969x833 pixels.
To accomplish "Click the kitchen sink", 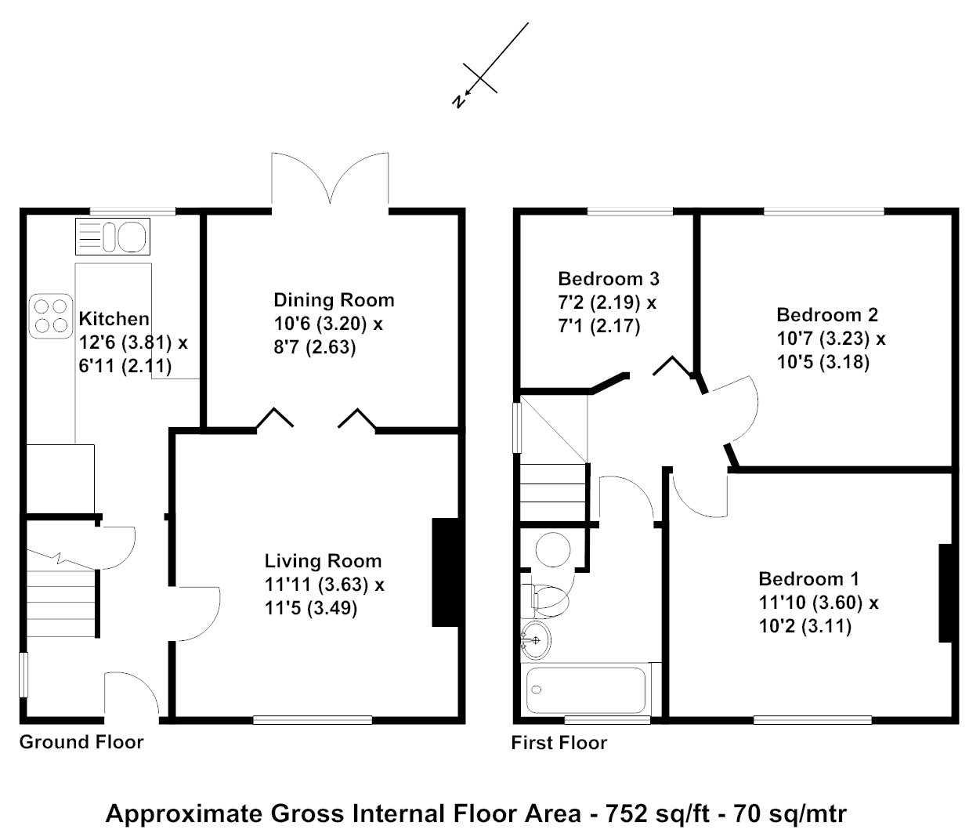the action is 113,237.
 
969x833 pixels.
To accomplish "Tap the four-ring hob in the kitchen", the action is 51,316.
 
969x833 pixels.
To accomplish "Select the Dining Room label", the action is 334,300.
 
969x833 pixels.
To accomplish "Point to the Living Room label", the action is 323,561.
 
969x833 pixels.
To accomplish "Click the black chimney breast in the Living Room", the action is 445,572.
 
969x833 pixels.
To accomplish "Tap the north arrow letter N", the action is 459,101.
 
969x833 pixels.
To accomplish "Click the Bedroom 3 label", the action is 609,279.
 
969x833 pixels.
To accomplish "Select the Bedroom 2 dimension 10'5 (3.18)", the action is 823,362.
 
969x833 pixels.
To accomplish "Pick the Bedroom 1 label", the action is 808,579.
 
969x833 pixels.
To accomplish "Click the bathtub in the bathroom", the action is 585,690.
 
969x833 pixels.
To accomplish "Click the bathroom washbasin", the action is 536,639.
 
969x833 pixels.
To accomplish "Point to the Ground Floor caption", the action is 81,742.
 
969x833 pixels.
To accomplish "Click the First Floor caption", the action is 559,743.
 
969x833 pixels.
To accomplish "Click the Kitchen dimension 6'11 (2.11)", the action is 125,366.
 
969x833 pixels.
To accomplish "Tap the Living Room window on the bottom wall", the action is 313,719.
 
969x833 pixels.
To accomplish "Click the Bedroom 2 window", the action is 824,212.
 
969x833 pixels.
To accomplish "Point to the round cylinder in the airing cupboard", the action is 553,549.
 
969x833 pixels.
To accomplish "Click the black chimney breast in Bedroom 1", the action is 945,593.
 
